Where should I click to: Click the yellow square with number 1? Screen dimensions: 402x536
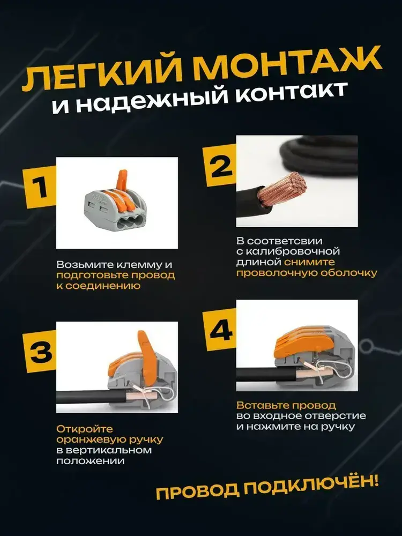39,187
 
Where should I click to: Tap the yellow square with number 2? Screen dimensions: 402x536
220,165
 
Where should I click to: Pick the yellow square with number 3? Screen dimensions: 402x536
39,352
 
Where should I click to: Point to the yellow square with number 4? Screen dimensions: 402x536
220,330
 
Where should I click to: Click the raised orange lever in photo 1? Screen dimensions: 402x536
122,180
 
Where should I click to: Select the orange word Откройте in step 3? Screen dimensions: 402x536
85,429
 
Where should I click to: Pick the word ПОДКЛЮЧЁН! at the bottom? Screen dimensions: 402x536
310,487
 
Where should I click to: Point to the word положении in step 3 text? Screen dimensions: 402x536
90,461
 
